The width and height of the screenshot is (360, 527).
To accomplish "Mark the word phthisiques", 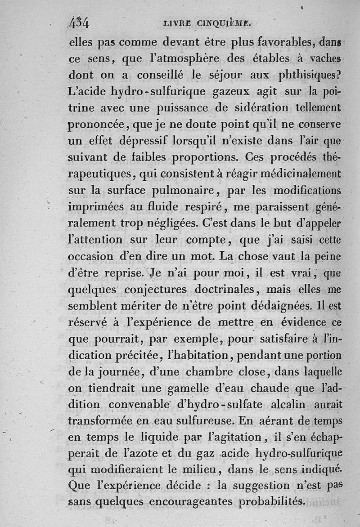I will pyautogui.click(x=305, y=76).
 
